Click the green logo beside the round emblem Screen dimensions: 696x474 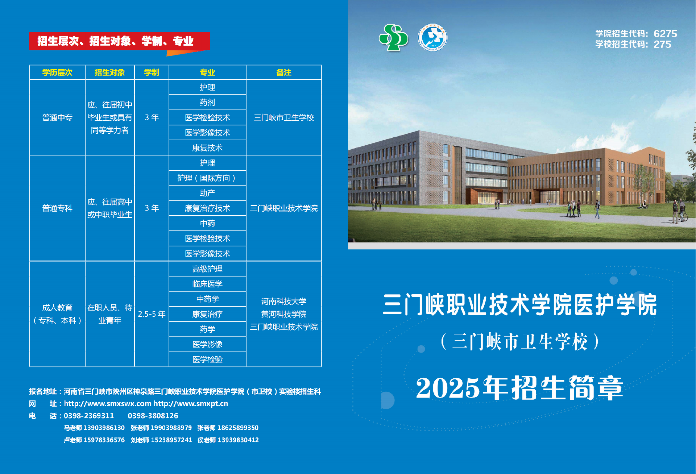(393, 38)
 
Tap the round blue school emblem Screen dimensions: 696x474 (432, 37)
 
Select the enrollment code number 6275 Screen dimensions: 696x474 (665, 34)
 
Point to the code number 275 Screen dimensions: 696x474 (662, 44)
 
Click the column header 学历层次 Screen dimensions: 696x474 (57, 72)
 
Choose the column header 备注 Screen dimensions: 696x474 (284, 72)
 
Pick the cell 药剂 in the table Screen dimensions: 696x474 (207, 103)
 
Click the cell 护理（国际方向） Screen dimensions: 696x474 (207, 178)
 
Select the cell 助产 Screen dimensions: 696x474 (207, 193)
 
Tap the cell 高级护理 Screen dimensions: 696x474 (207, 269)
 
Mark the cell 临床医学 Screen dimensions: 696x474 (207, 284)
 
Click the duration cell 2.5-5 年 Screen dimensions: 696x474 (152, 314)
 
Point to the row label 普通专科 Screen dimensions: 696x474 (57, 208)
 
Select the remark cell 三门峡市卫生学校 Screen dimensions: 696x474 (284, 117)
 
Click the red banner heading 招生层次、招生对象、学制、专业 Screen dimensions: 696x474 (115, 41)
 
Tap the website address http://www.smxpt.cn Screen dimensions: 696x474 (191, 404)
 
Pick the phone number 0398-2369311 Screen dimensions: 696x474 (89, 416)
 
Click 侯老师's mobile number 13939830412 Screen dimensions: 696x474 (238, 440)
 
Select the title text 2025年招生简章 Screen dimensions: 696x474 (519, 388)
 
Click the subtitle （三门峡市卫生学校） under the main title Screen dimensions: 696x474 (520, 341)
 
